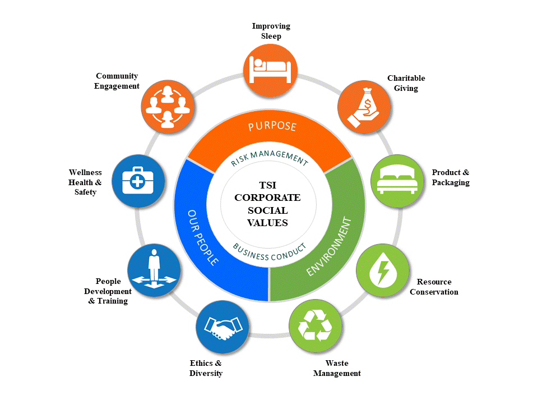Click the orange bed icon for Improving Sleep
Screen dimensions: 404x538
(x=270, y=67)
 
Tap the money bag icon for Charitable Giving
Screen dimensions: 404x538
(x=364, y=107)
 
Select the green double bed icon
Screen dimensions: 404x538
(x=397, y=181)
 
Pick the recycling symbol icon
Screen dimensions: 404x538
(x=315, y=326)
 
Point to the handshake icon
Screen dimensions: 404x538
(x=222, y=327)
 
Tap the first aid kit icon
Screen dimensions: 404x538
(x=138, y=181)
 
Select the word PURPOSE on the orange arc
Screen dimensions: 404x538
(x=272, y=126)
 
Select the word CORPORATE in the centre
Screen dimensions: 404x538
(x=267, y=198)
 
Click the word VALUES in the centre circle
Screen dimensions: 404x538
(x=268, y=223)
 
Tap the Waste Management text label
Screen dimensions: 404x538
(x=337, y=368)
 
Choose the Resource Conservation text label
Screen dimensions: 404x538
(x=434, y=287)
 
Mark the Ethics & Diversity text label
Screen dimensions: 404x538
(x=206, y=368)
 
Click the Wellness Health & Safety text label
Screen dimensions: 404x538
(x=85, y=182)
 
